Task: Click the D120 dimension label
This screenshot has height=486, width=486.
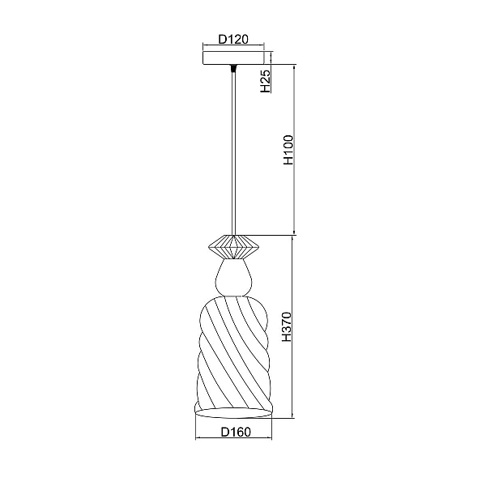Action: pyautogui.click(x=233, y=40)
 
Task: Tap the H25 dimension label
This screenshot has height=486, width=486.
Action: pyautogui.click(x=266, y=81)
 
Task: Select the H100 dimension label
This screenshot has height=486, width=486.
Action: pyautogui.click(x=288, y=150)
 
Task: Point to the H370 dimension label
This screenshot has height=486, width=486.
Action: pyautogui.click(x=287, y=326)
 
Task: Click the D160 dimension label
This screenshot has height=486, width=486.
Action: pyautogui.click(x=236, y=432)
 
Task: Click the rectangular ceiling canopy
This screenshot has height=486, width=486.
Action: pyautogui.click(x=233, y=58)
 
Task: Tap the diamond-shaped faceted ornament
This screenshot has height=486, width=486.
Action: pyautogui.click(x=234, y=247)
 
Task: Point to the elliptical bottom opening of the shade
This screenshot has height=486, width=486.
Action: pyautogui.click(x=233, y=413)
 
